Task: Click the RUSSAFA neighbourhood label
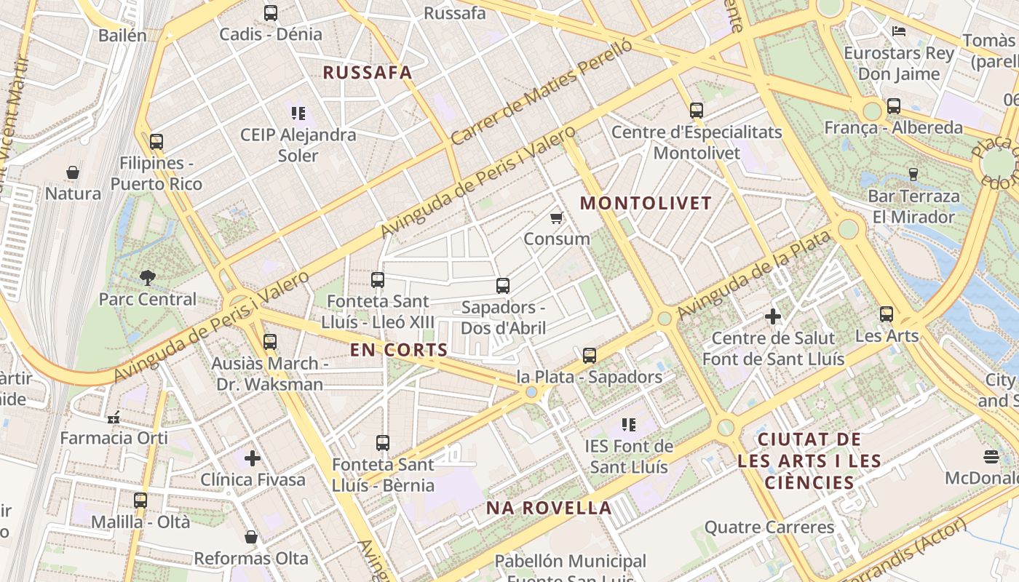(367, 73)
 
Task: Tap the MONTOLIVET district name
(645, 203)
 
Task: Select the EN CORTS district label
(399, 350)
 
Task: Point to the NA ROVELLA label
(549, 509)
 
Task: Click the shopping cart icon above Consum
(557, 218)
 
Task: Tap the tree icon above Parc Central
(148, 277)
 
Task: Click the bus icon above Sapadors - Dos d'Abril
(503, 286)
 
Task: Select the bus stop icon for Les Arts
(886, 314)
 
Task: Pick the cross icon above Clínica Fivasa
(253, 458)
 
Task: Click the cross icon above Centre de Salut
(773, 316)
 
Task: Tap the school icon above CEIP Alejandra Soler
(298, 113)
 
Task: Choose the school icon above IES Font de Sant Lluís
(629, 425)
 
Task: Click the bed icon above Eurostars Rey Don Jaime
(899, 31)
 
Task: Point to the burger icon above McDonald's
(991, 457)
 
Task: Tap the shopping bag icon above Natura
(73, 172)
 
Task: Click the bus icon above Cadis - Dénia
(271, 12)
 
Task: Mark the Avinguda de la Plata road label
(754, 276)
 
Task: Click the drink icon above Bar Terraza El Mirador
(913, 174)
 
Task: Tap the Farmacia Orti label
(114, 438)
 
